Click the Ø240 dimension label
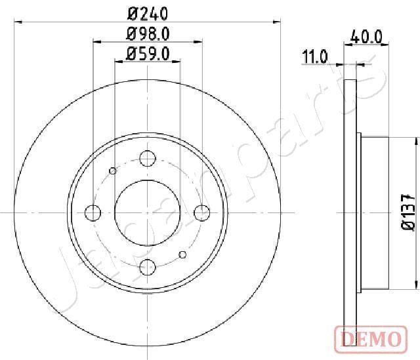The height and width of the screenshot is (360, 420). (148, 12)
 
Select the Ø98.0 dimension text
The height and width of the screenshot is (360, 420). (148, 34)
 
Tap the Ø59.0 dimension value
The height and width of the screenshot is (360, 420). (148, 55)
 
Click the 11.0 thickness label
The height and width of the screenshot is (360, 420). (314, 58)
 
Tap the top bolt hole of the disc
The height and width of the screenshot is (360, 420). (148, 158)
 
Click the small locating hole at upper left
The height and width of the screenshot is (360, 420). (113, 171)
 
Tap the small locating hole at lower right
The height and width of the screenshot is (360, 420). (183, 255)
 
